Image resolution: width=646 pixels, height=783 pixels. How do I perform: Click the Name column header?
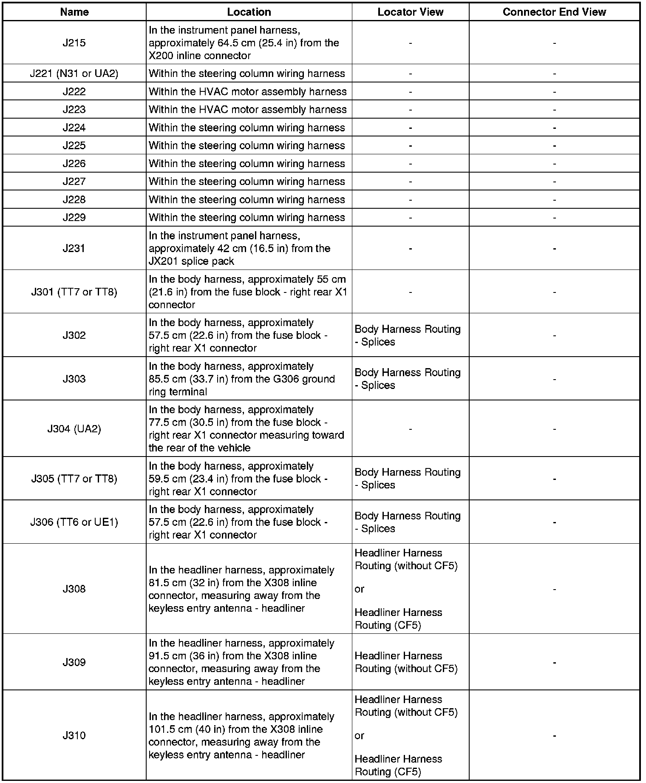pos(74,12)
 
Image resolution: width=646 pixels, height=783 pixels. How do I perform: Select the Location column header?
pos(249,12)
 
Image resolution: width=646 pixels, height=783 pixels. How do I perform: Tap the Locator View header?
pos(410,12)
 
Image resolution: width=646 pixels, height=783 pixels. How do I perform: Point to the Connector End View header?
pos(554,12)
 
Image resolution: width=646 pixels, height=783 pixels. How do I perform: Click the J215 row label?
pos(74,43)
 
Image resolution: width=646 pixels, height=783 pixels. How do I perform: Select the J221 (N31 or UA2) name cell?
pos(74,74)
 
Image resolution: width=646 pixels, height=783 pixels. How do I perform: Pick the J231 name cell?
pos(74,248)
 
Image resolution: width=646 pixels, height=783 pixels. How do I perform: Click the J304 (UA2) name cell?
pos(74,429)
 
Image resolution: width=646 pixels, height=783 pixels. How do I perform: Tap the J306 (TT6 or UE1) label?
pos(74,522)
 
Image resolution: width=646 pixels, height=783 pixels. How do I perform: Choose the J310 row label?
pos(74,735)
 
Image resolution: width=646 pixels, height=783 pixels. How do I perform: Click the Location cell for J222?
pos(248,92)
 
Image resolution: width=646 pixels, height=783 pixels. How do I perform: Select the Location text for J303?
pos(242,379)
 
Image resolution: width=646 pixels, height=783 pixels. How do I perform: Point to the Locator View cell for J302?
pos(408,335)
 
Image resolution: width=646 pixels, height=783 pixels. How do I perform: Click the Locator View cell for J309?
pos(406,662)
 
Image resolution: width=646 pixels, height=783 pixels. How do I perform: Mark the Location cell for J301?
pos(248,292)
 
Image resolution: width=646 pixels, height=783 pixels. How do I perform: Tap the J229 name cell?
pos(74,218)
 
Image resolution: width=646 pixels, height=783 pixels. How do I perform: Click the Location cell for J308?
pos(242,589)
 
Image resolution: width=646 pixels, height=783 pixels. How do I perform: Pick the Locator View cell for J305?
pos(408,479)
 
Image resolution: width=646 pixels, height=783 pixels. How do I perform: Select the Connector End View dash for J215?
pos(554,43)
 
